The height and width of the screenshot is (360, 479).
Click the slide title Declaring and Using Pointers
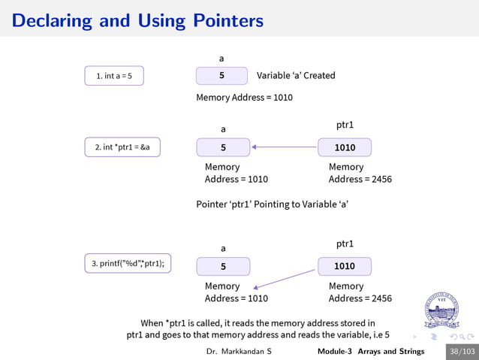[137, 20]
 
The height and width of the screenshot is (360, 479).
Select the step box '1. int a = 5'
[114, 76]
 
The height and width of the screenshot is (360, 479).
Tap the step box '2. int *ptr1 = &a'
[122, 147]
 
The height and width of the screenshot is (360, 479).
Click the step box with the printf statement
[128, 264]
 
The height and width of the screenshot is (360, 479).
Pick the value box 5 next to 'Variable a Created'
[221, 76]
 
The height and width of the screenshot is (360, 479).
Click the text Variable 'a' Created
[296, 76]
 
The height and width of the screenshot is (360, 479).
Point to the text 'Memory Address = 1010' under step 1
[244, 98]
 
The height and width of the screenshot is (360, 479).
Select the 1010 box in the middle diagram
[345, 148]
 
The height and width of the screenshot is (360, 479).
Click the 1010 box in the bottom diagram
[345, 266]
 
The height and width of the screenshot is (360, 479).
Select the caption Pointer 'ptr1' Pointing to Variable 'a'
[272, 204]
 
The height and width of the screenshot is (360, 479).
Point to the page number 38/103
[462, 351]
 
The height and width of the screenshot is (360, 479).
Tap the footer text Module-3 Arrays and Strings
[370, 351]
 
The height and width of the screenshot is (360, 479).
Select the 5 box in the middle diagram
[223, 148]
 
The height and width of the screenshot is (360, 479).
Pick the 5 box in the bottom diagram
[223, 266]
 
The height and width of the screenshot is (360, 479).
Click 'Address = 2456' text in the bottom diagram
[360, 298]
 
